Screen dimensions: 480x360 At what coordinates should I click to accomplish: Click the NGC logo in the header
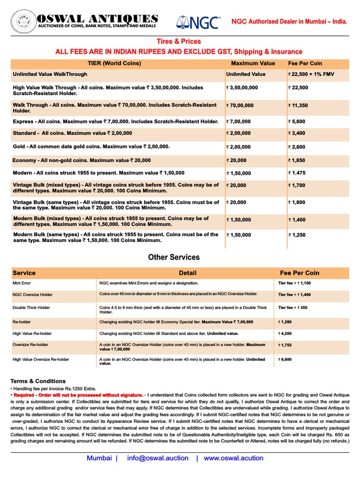pos(198,22)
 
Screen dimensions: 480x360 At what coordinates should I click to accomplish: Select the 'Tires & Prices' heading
pos(179,42)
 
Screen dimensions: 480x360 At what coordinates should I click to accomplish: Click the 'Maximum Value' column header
pos(253,63)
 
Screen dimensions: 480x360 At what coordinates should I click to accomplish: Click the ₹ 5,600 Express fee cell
pos(296,121)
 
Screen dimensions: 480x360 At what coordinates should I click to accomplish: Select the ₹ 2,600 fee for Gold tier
pos(296,147)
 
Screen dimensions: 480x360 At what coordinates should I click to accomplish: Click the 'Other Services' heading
pos(174,257)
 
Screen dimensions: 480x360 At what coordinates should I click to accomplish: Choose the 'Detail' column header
pos(187,273)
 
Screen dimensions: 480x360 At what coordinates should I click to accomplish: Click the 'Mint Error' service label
pos(22,284)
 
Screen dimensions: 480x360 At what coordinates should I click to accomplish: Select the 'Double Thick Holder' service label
pos(31,308)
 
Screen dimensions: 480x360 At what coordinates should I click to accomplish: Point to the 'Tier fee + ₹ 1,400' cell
pos(294,295)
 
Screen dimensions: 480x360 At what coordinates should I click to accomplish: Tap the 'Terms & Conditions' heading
pos(38,381)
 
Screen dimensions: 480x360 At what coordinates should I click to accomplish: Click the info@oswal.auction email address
pos(157,458)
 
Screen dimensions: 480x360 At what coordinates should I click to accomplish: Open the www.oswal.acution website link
pos(233,458)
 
